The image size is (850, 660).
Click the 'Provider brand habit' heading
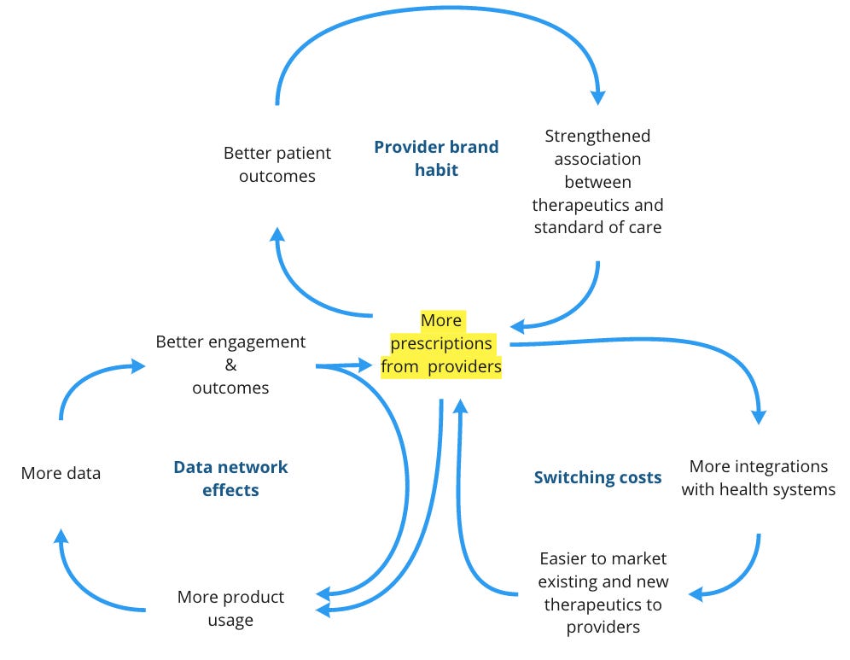(x=436, y=158)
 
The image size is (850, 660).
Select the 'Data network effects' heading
(x=230, y=478)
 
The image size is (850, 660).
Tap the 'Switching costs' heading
(x=597, y=477)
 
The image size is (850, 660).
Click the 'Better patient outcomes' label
(x=277, y=165)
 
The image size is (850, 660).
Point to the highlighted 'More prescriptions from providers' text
(x=441, y=343)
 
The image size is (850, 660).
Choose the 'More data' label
(x=61, y=472)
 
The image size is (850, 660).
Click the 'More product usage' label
(x=230, y=608)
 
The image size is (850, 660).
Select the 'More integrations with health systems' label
(x=758, y=478)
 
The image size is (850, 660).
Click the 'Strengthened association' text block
(x=597, y=181)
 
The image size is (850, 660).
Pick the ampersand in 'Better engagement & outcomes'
(x=230, y=365)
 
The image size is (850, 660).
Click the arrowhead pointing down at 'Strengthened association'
(x=597, y=95)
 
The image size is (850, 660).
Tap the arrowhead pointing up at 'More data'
(x=61, y=537)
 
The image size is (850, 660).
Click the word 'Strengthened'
(x=597, y=136)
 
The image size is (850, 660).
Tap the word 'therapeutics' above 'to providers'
(x=603, y=605)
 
